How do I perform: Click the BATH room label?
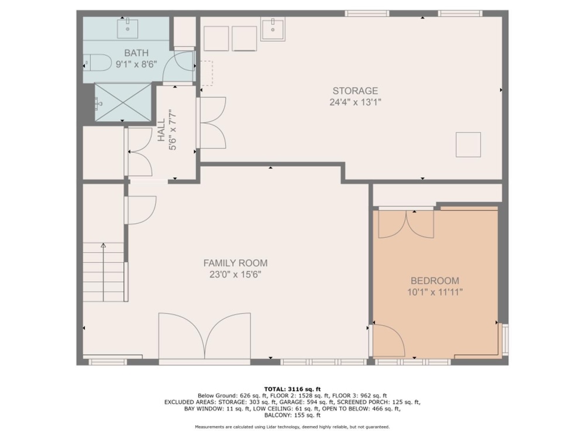coord(136,53)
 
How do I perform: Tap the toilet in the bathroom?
coord(97,63)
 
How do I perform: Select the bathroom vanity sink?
coord(128,29)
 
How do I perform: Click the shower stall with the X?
coord(122,102)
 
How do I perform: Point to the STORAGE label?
coord(355,91)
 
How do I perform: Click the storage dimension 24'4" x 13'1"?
coord(355,102)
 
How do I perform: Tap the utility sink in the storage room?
coord(273,29)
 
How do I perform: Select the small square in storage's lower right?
coord(468,145)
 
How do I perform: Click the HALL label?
coord(161,131)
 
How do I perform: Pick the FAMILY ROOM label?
coord(235,263)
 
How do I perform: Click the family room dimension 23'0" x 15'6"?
coord(235,275)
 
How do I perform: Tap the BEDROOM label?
coord(435,281)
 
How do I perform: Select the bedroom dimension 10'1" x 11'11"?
coord(435,292)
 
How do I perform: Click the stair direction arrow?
coord(104,272)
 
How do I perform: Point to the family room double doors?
coord(204,336)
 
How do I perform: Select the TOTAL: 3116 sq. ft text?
coord(292,389)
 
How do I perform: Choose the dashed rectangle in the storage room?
coord(207,74)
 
